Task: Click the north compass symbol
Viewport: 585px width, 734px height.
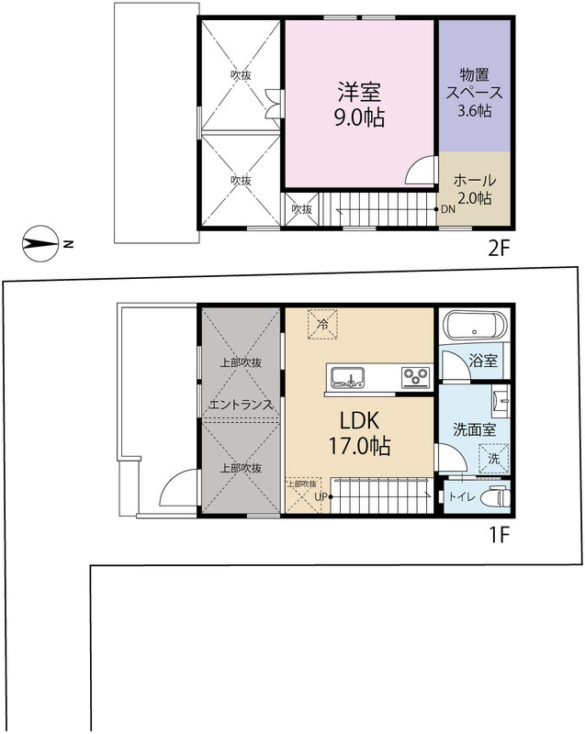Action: coord(41,243)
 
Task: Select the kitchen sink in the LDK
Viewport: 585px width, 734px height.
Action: coord(347,377)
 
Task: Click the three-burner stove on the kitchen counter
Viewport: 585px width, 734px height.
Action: coord(416,377)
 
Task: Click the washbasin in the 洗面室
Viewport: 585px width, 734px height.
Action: coord(501,402)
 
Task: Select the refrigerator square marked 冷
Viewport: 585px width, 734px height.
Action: coord(322,324)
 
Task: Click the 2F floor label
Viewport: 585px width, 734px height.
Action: coord(499,249)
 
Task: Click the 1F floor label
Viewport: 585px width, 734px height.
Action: coord(500,535)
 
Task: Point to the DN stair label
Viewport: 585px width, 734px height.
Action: coord(448,209)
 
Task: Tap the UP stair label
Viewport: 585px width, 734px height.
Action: coord(321,496)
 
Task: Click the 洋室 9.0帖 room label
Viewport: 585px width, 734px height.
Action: coord(359,105)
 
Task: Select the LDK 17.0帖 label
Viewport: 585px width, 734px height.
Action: coord(359,433)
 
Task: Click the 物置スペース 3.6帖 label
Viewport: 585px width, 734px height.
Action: coord(474,93)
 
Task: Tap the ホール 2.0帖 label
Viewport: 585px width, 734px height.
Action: coord(474,189)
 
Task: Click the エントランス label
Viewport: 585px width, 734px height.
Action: coord(241,404)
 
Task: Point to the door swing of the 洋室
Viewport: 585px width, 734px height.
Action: coord(420,171)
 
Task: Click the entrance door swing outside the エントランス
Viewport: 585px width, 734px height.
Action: coord(178,488)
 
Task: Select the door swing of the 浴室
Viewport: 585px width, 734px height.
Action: coord(455,365)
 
